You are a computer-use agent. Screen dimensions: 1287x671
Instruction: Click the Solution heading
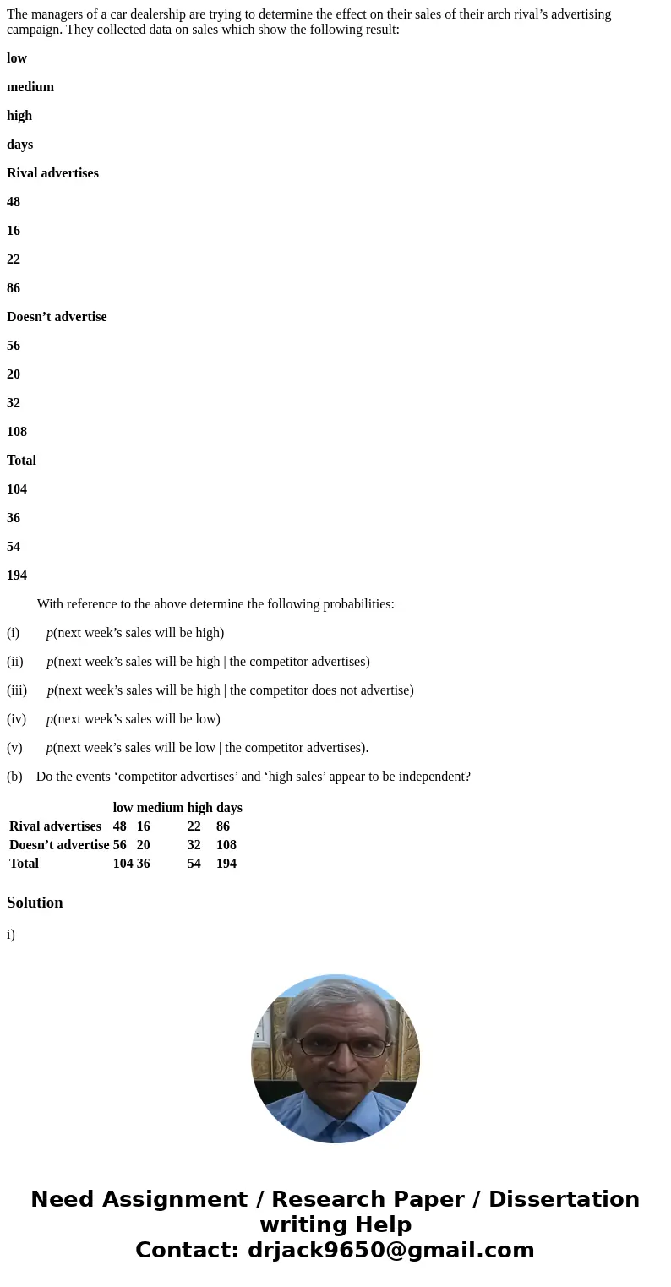pyautogui.click(x=35, y=903)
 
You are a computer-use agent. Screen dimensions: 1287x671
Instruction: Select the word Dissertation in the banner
pyautogui.click(x=564, y=1200)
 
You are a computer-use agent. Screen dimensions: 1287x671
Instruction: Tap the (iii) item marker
pyautogui.click(x=17, y=690)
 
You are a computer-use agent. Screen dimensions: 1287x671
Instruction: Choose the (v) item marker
pyautogui.click(x=14, y=748)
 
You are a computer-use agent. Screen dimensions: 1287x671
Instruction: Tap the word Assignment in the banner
pyautogui.click(x=173, y=1200)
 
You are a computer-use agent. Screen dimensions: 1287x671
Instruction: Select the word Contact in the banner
pyautogui.click(x=187, y=1251)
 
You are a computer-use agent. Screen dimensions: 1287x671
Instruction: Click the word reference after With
pyautogui.click(x=94, y=604)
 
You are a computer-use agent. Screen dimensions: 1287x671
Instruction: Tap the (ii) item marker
pyautogui.click(x=15, y=662)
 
